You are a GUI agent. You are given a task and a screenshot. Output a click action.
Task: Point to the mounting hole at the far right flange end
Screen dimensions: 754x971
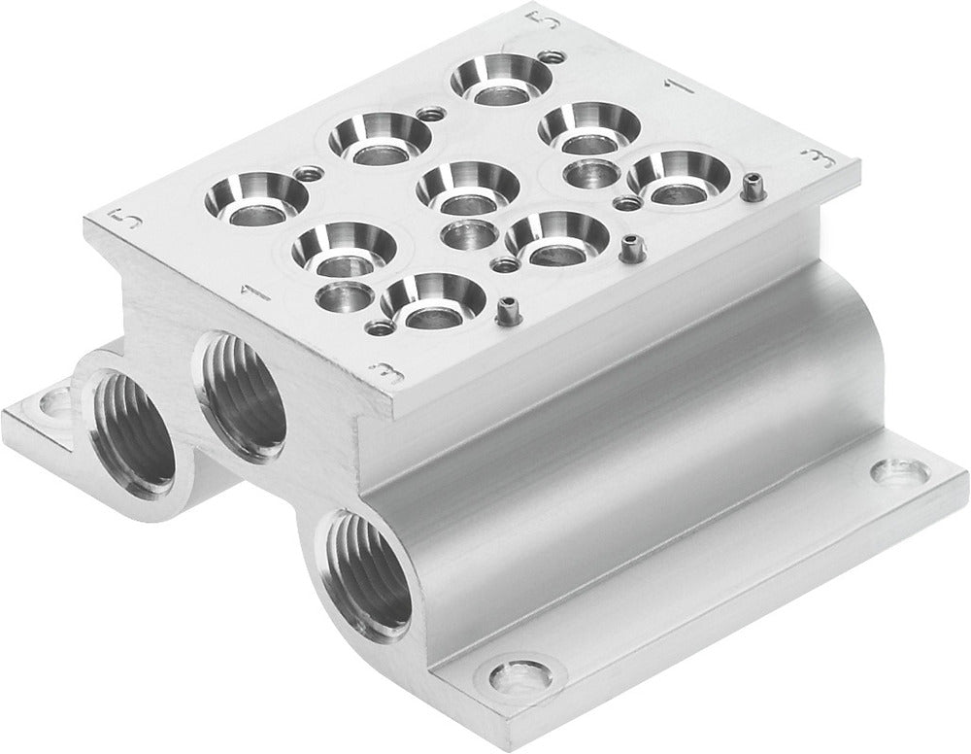click(x=887, y=473)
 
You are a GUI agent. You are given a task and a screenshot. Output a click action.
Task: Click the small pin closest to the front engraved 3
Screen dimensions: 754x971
click(x=505, y=310)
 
